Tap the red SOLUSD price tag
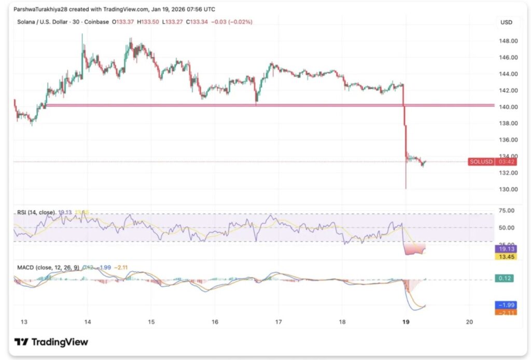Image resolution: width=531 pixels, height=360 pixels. click(481, 162)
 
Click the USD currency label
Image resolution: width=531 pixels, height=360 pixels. click(506, 22)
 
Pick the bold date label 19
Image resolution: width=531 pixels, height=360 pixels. click(406, 321)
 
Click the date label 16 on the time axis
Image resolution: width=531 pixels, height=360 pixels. click(215, 321)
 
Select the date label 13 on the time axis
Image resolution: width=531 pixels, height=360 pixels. click(23, 321)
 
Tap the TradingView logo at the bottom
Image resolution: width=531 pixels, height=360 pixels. click(51, 342)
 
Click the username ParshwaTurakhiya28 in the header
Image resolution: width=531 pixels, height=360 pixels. click(40, 9)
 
